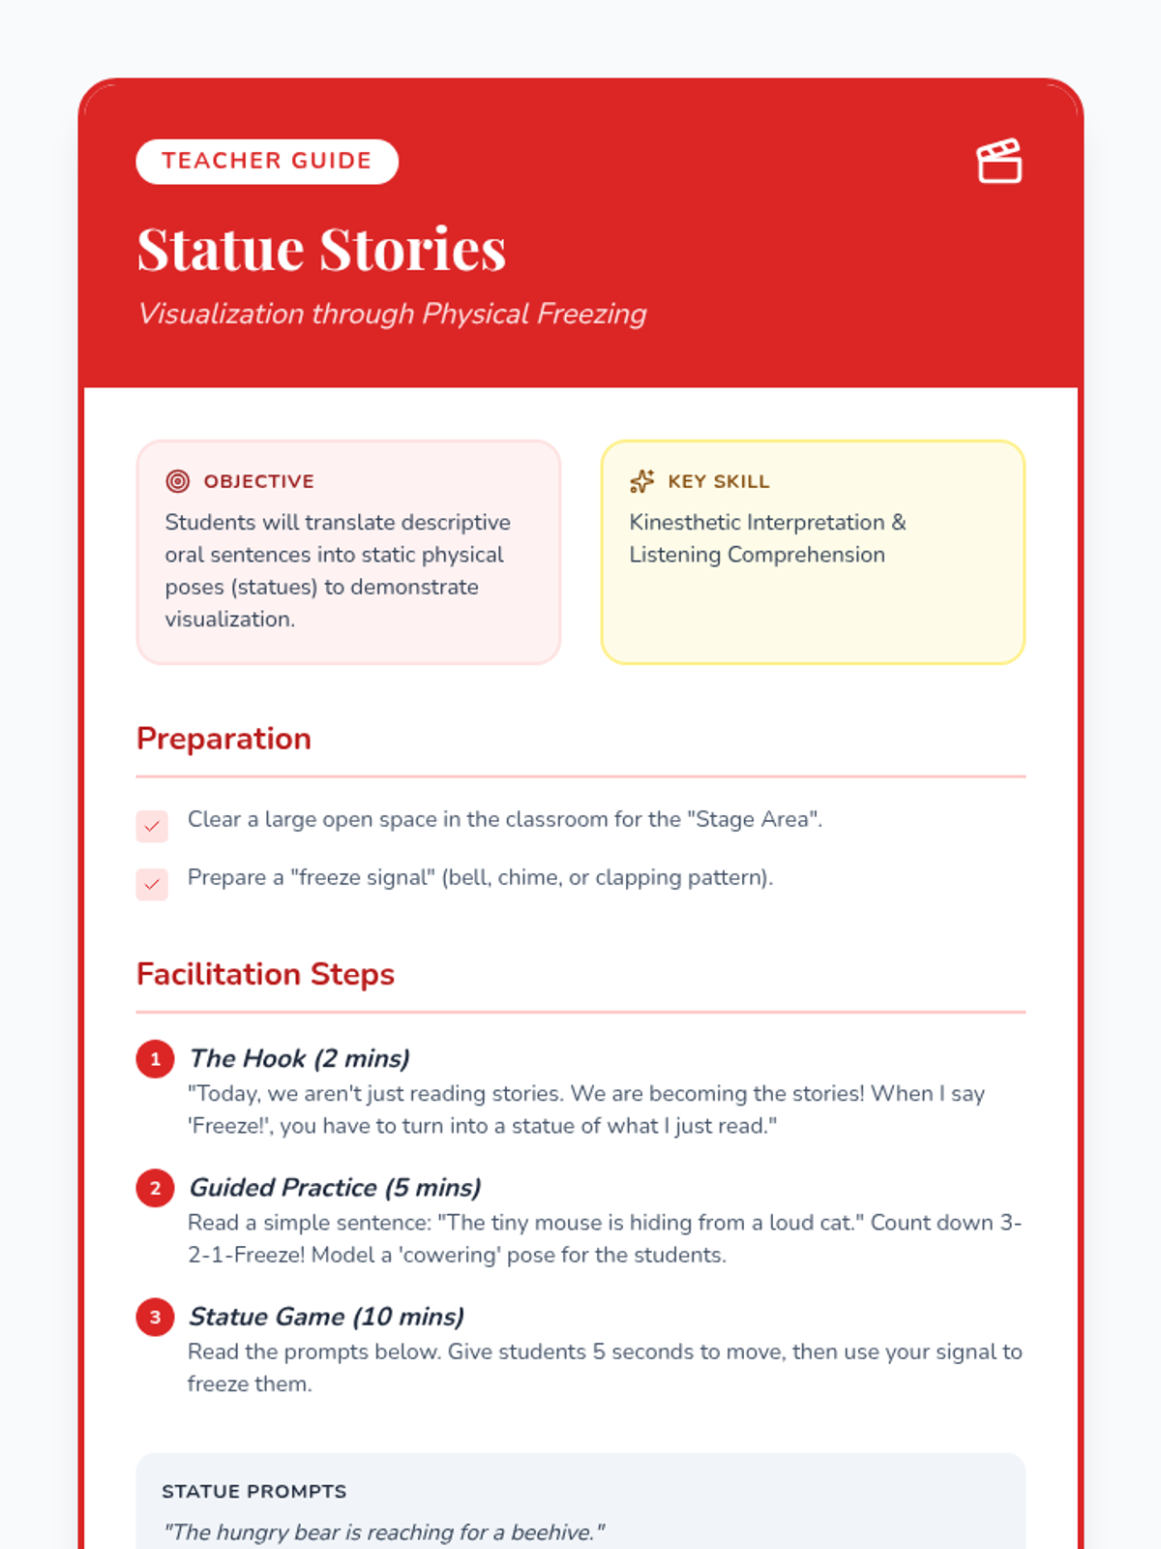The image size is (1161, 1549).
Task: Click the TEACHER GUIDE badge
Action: click(x=266, y=161)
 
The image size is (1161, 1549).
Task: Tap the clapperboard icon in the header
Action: click(x=998, y=161)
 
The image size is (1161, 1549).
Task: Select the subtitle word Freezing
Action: click(x=591, y=314)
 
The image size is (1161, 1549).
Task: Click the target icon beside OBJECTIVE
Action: click(x=177, y=481)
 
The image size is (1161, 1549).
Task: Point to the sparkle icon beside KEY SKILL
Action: click(x=641, y=481)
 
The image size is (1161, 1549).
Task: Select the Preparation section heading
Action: click(x=223, y=739)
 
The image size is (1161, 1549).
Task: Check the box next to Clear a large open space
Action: click(x=152, y=826)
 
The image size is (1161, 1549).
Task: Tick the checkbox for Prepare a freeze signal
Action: click(x=152, y=884)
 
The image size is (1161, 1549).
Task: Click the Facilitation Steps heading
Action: click(x=265, y=974)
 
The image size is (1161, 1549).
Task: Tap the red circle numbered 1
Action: click(x=155, y=1059)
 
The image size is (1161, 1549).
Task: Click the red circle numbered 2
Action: click(x=155, y=1188)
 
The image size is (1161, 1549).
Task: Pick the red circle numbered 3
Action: click(x=155, y=1317)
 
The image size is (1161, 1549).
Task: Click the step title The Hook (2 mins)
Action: click(x=299, y=1058)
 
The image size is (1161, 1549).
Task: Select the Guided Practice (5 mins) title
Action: click(x=335, y=1188)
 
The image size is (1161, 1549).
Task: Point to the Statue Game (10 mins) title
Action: click(x=326, y=1317)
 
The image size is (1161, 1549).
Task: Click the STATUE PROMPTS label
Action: click(x=253, y=1492)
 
